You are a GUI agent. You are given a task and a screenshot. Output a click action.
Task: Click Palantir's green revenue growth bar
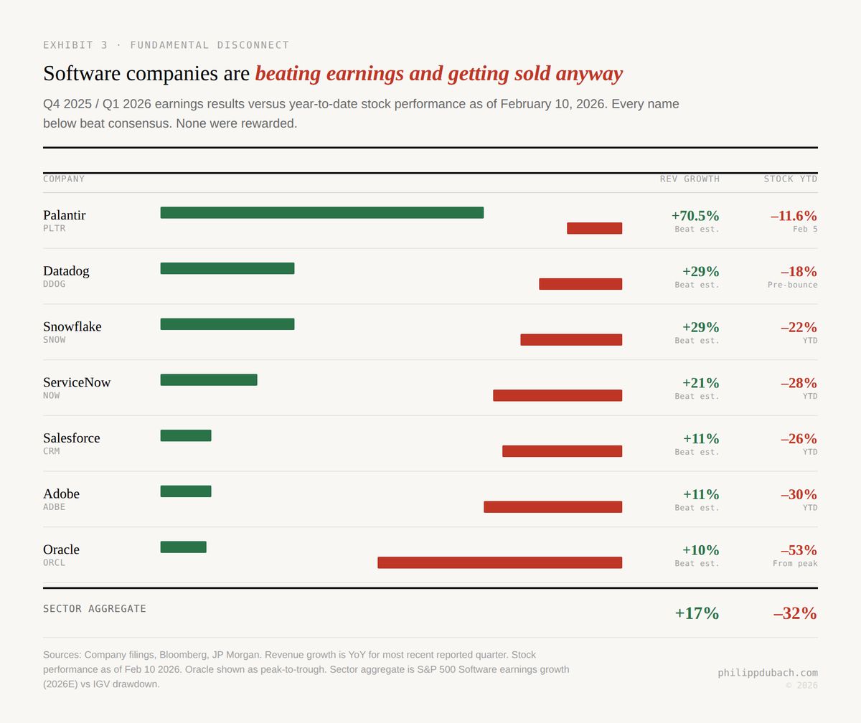click(321, 212)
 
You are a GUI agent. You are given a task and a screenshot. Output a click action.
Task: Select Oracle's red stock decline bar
click(499, 562)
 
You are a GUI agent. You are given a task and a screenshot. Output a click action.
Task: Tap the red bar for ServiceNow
click(557, 395)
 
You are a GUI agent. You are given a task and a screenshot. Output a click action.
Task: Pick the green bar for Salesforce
click(186, 435)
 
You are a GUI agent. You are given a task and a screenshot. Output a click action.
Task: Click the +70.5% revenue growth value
click(695, 216)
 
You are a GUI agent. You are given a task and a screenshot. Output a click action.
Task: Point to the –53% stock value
click(798, 550)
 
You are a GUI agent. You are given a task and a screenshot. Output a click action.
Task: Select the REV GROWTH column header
click(690, 179)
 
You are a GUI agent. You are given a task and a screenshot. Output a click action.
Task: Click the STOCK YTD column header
click(790, 179)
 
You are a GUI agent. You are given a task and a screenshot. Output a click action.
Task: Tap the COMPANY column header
click(64, 179)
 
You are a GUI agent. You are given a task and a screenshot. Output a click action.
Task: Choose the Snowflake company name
click(72, 326)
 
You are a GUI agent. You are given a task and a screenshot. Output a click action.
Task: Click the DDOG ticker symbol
click(54, 284)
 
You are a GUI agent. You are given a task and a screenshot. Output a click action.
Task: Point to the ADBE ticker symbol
click(54, 507)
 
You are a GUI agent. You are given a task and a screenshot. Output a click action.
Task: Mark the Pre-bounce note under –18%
click(792, 285)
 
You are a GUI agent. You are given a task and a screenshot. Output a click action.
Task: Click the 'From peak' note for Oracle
click(795, 564)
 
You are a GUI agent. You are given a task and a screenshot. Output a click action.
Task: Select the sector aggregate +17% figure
click(696, 613)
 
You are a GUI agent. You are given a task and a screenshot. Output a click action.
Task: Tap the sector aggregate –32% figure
click(795, 613)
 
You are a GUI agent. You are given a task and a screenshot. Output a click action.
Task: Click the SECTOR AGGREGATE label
click(95, 609)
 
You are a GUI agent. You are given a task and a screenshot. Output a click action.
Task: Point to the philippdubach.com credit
click(768, 673)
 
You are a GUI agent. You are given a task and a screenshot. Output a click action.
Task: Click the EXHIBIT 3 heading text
click(166, 45)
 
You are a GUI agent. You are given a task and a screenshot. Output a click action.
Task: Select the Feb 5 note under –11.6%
click(804, 230)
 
